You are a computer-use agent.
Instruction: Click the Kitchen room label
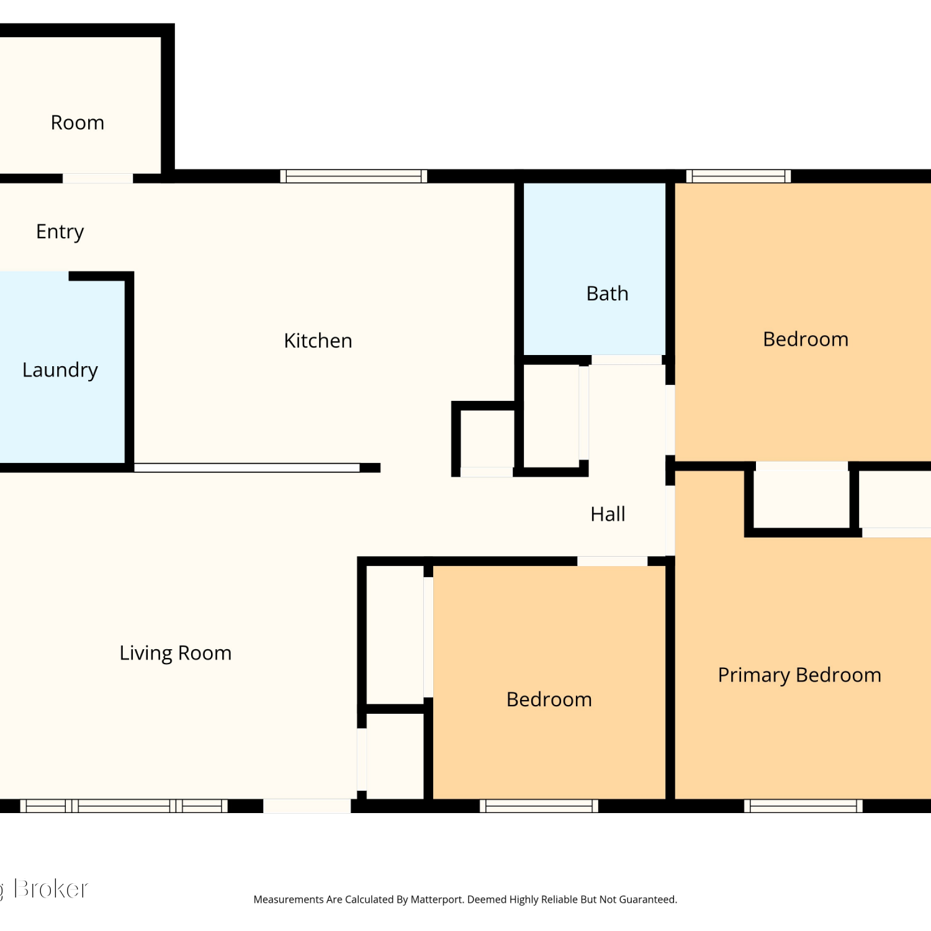(x=318, y=341)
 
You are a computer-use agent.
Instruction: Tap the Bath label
(x=608, y=294)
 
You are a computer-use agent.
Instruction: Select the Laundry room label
(x=60, y=371)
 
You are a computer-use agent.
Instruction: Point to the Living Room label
(x=176, y=654)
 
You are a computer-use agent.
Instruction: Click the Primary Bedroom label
(x=799, y=675)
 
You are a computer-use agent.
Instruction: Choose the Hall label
(x=608, y=514)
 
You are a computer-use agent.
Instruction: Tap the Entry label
(x=60, y=232)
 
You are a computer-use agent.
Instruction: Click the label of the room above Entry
(x=78, y=123)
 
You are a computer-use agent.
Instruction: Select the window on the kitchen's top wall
(x=354, y=176)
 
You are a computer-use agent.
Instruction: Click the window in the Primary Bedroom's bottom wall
(x=803, y=806)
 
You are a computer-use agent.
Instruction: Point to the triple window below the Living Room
(x=124, y=806)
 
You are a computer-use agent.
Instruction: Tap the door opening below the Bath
(x=626, y=360)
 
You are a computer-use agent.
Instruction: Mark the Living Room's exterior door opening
(x=307, y=806)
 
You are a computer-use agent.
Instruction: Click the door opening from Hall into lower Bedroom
(x=613, y=561)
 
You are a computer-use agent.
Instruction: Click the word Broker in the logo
(x=51, y=889)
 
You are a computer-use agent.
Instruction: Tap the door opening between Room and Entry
(x=97, y=178)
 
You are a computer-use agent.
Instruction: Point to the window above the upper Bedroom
(x=739, y=176)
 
